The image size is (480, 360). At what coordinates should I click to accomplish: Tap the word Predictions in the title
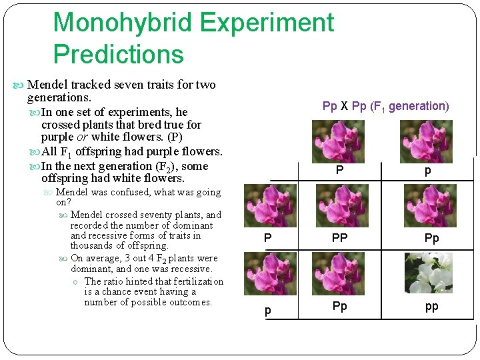tap(118, 54)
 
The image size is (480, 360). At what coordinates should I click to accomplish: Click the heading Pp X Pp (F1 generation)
tap(385, 106)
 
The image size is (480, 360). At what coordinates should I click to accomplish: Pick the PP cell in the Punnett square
tap(340, 238)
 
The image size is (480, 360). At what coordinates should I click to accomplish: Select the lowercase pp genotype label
tap(431, 307)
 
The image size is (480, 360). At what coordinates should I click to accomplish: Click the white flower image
tap(430, 273)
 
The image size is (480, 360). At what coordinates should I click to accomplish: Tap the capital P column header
tap(339, 171)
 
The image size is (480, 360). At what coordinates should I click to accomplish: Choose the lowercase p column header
tap(427, 171)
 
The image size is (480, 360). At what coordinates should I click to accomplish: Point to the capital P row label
tap(267, 238)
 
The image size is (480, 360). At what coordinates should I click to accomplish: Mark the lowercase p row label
tap(267, 311)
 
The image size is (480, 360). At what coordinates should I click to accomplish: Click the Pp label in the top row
tap(431, 238)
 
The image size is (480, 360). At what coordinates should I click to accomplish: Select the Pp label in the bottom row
tap(340, 307)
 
